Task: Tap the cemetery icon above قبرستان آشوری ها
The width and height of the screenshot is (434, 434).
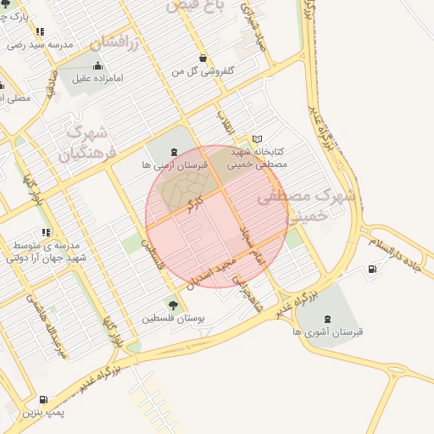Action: (328, 318)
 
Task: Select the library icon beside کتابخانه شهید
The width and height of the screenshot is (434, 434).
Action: (258, 139)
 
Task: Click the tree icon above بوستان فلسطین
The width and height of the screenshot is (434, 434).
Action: (174, 303)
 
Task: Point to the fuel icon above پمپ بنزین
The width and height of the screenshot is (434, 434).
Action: (43, 399)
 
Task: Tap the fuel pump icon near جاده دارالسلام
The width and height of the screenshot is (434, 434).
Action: (372, 270)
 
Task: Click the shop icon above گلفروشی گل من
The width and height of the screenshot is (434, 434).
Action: (203, 58)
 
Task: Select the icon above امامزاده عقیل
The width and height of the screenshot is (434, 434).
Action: (97, 65)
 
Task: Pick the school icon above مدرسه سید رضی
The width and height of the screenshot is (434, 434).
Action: (40, 31)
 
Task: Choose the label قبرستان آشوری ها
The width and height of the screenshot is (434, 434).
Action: (329, 332)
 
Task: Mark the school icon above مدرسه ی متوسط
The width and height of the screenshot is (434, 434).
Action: (45, 231)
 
